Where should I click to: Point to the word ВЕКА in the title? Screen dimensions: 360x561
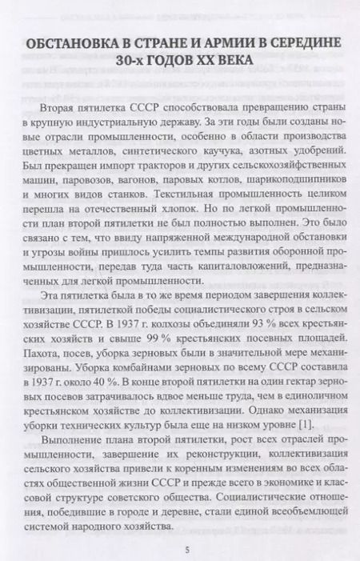230,61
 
